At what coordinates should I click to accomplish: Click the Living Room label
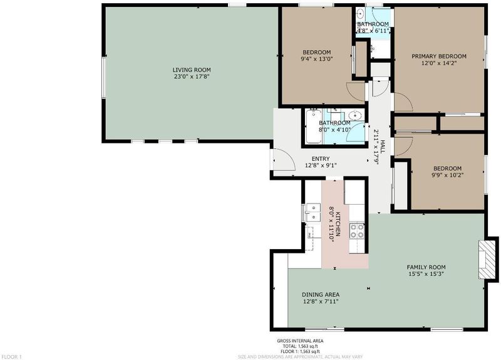click(x=192, y=70)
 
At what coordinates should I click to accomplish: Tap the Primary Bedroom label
click(x=439, y=56)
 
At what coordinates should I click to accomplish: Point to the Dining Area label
click(x=321, y=294)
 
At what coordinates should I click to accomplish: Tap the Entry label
click(x=321, y=159)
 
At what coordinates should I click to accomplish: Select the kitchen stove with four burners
click(x=357, y=231)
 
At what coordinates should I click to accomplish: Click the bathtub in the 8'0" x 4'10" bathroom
click(x=313, y=127)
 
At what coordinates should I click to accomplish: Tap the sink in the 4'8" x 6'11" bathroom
click(x=361, y=14)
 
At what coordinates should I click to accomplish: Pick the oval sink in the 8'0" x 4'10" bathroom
click(x=354, y=115)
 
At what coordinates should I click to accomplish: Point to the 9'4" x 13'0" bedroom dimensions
click(x=316, y=59)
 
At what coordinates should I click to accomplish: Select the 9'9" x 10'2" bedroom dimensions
click(x=447, y=175)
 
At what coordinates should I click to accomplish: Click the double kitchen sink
click(x=312, y=212)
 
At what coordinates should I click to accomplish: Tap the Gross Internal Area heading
click(x=300, y=341)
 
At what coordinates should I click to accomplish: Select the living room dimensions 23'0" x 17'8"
click(x=192, y=76)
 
